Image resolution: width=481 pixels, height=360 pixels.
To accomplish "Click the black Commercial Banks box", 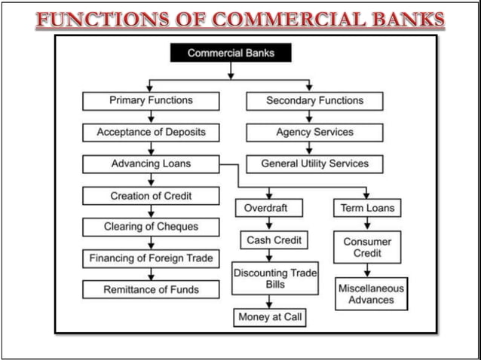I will [x=230, y=53].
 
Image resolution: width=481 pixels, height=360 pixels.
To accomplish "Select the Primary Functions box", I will [x=151, y=100].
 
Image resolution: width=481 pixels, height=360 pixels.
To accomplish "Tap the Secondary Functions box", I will [x=314, y=100].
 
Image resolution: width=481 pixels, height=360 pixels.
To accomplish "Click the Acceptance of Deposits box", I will [x=151, y=132].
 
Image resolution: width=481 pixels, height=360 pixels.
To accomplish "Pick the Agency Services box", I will [x=314, y=132].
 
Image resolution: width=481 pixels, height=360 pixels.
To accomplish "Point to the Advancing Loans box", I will [x=151, y=163].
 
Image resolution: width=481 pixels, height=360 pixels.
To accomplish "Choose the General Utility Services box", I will [x=314, y=163].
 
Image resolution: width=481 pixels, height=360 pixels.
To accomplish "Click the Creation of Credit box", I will [x=151, y=196].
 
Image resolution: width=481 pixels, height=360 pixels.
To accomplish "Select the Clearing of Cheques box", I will [x=151, y=227].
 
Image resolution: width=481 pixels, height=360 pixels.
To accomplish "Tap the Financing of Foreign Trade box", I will [x=151, y=258].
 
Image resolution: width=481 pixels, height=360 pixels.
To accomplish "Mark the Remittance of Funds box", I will [x=151, y=289].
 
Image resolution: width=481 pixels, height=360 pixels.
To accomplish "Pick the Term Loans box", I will [x=366, y=208].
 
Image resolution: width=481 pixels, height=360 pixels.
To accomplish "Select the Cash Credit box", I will [x=274, y=240].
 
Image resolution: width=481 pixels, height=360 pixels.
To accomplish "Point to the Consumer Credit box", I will [x=367, y=247].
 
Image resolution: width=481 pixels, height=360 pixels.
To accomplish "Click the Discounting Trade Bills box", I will [x=274, y=278].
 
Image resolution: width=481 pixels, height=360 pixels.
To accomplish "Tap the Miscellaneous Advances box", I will [x=371, y=294].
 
